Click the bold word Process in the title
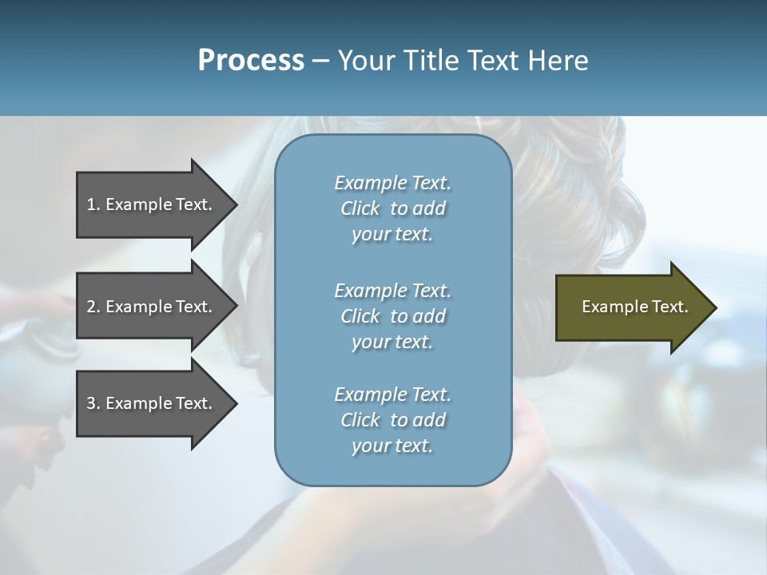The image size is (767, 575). (251, 61)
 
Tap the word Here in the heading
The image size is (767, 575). (558, 61)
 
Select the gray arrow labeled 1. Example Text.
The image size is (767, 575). (152, 204)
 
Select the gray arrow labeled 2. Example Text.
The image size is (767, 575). (152, 307)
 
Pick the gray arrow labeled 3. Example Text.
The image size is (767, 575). (152, 403)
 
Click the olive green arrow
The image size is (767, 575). (631, 307)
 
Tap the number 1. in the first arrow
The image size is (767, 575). (93, 204)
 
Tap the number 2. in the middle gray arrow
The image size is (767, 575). (93, 307)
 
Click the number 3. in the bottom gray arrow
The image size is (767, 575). (93, 403)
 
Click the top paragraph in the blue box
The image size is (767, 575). (392, 208)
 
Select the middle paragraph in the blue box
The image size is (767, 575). (392, 316)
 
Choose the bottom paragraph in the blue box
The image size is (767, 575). (392, 420)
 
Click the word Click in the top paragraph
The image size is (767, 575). (360, 208)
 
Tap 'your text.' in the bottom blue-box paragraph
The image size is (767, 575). (392, 446)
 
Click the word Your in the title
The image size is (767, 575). (366, 61)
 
